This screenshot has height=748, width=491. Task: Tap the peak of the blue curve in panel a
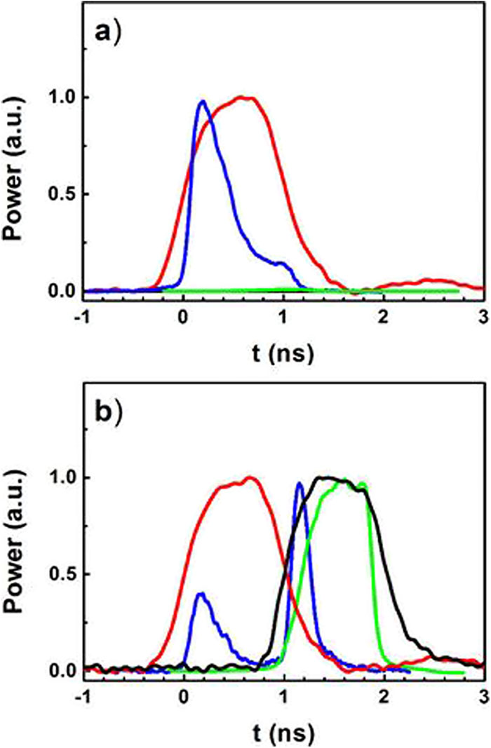click(x=203, y=102)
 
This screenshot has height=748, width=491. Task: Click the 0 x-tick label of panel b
click(x=184, y=694)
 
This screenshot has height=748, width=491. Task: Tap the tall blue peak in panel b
click(x=300, y=483)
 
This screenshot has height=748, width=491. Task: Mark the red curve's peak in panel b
click(x=250, y=478)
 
